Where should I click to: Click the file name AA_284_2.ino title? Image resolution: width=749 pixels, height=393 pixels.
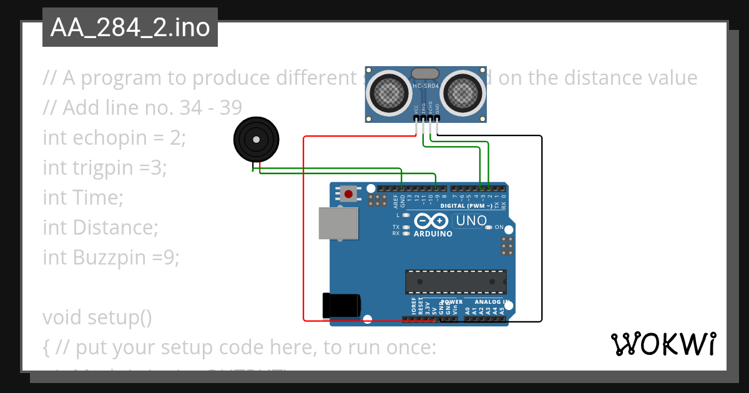pos(130,28)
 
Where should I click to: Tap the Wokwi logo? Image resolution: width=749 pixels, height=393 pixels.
pos(662,344)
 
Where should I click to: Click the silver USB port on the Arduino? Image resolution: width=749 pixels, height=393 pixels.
pos(338,223)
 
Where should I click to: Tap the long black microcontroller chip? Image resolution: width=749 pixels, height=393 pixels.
pos(455,281)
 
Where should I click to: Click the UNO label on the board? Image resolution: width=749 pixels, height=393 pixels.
pos(471,221)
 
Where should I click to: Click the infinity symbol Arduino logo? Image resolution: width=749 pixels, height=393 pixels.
pos(431,221)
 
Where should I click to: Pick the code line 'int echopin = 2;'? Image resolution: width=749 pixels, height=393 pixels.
pos(114,137)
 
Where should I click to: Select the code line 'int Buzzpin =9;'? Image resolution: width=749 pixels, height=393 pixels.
pos(111,257)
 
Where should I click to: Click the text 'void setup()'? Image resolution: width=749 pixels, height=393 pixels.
pos(97,317)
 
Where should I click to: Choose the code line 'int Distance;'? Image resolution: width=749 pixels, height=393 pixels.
pos(100,227)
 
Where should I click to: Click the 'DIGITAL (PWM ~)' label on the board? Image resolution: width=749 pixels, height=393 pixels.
pos(465,205)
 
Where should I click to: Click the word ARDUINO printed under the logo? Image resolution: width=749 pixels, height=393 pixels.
pos(433,234)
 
